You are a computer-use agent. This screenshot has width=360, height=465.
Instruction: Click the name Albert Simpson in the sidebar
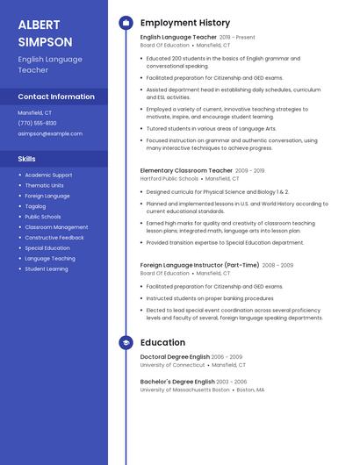pos(46,32)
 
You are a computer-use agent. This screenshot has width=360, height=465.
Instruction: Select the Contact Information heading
pos(56,97)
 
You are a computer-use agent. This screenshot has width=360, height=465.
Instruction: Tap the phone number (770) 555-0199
pos(37,123)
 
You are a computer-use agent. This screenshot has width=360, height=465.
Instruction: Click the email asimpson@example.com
pos(50,133)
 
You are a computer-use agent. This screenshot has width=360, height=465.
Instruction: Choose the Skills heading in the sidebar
pos(27,159)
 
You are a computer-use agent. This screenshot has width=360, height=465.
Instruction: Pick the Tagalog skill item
pos(36,206)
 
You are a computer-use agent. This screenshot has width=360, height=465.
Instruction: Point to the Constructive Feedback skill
pos(54,238)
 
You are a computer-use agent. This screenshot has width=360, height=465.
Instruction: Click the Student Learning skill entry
pos(47,269)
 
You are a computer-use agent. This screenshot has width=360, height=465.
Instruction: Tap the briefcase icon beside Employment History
pos(126,23)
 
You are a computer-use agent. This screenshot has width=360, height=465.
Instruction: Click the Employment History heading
pos(185,23)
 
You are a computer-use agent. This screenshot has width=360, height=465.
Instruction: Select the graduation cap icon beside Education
pos(126,343)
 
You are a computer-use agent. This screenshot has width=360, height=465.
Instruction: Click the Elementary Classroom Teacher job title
pos(186,170)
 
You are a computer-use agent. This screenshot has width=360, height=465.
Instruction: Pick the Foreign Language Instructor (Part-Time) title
pos(200,265)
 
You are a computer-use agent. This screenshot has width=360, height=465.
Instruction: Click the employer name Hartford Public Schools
pos(169,178)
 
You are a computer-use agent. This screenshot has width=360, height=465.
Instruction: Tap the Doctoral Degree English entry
pos(175,357)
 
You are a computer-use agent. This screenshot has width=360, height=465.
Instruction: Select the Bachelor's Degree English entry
pos(177,382)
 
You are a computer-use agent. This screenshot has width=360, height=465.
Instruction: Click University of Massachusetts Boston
pos(184,390)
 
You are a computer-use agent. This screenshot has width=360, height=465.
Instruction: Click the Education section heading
pos(162,343)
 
